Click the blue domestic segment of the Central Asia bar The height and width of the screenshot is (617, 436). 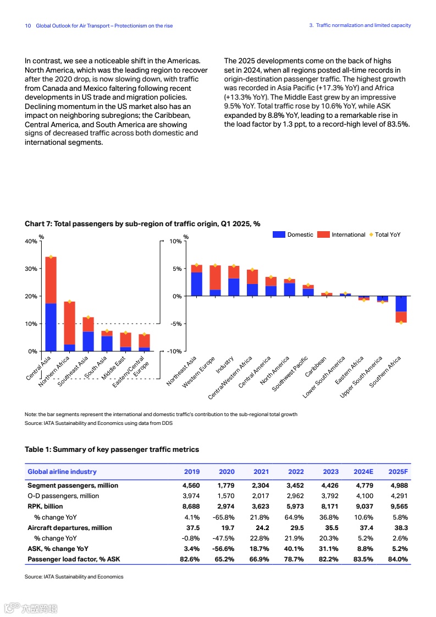[51, 327]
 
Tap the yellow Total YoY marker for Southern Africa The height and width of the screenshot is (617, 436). [401, 322]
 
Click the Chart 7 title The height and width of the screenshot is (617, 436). [142, 224]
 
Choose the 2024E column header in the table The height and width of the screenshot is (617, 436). [363, 472]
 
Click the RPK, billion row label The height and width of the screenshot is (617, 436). [45, 506]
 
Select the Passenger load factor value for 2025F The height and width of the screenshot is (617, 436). [398, 559]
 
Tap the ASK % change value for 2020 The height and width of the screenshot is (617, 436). [224, 549]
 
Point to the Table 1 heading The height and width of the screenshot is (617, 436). [112, 450]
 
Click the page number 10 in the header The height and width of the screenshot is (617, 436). [28, 26]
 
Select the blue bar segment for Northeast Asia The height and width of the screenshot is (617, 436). [196, 284]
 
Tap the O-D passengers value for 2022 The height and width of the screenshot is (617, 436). [296, 496]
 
